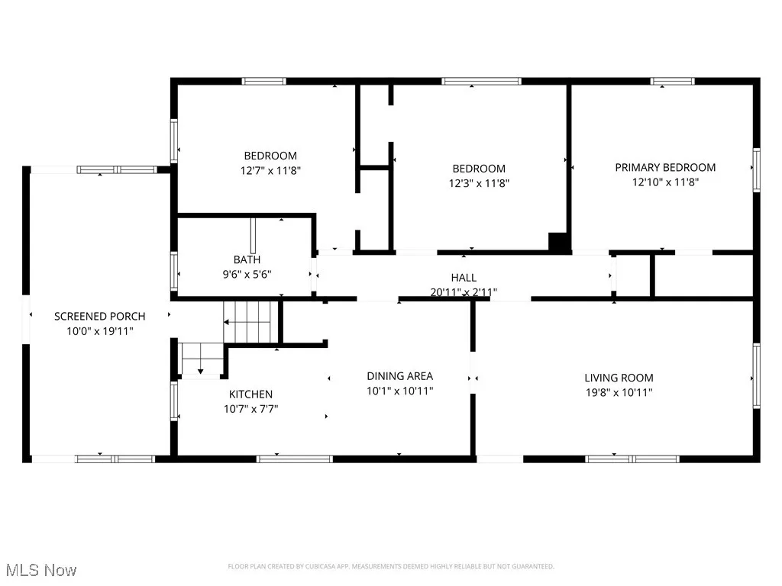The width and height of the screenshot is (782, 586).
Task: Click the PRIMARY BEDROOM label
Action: (665, 168)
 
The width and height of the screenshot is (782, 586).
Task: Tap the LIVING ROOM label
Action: (619, 378)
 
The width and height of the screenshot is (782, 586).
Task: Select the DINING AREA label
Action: (399, 375)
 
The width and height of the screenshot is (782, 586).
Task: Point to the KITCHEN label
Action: (250, 394)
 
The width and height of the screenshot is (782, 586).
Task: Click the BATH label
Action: (247, 260)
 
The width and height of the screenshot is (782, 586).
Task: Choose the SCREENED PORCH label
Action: (99, 316)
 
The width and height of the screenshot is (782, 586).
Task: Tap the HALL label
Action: (463, 278)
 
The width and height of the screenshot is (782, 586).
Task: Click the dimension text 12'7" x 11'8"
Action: (270, 171)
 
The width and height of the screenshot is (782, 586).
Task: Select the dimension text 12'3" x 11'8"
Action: (479, 183)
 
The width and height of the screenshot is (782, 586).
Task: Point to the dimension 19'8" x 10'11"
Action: (619, 393)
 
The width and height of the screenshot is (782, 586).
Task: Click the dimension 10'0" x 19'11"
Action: (99, 330)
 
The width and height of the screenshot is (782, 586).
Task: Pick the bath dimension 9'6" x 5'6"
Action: (247, 274)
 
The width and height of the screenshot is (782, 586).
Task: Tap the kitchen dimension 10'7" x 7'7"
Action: (250, 409)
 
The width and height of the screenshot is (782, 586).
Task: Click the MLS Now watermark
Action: (41, 570)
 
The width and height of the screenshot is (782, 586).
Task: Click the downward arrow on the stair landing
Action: (200, 371)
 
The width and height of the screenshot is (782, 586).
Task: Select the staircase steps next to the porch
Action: (248, 322)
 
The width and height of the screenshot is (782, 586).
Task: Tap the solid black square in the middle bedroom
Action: (559, 242)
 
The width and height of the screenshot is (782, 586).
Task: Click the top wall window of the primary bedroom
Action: (672, 81)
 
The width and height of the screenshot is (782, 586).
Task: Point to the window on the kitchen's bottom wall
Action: (294, 459)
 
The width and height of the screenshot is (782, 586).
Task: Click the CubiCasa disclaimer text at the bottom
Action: (391, 566)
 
